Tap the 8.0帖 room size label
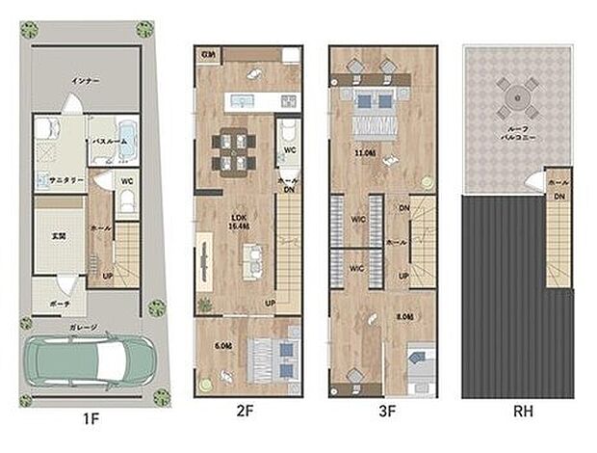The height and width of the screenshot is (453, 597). (404, 316)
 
